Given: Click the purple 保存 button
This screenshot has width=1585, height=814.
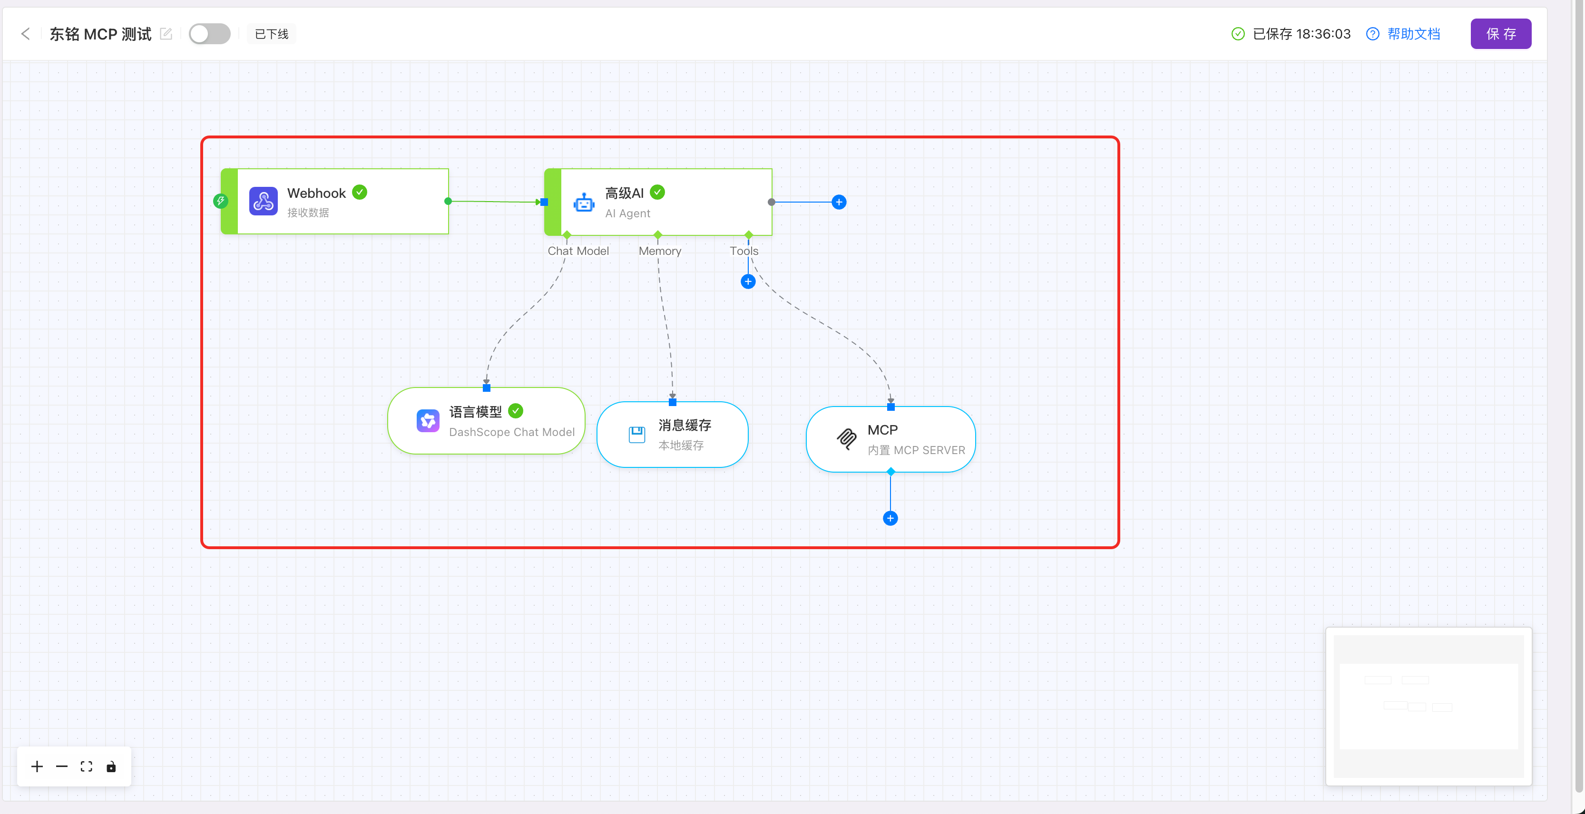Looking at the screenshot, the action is (1501, 34).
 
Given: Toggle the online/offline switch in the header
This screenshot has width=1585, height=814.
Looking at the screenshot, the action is (209, 34).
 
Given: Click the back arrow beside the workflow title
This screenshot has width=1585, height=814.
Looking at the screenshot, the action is (25, 34).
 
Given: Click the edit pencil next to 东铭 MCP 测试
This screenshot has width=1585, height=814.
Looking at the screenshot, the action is (166, 34).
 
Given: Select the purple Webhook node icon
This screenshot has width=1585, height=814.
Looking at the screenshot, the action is (264, 201).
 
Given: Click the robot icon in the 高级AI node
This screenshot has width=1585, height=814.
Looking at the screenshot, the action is (584, 202).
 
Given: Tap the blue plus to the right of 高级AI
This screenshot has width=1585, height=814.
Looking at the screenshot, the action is (839, 202).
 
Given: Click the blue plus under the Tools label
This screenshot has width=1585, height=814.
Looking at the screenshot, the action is (748, 281).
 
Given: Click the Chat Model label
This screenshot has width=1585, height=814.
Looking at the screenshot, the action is (578, 251).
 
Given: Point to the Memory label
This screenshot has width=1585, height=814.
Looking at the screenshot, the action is (660, 251).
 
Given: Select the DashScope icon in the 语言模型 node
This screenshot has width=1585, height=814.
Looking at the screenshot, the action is (428, 421).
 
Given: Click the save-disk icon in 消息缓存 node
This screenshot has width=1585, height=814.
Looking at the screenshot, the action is (637, 435).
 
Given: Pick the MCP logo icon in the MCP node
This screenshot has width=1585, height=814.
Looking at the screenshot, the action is (847, 439).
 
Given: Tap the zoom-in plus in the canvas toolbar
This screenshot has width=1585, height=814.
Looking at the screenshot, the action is (37, 766).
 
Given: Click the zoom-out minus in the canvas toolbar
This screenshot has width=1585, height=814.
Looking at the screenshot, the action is (61, 766).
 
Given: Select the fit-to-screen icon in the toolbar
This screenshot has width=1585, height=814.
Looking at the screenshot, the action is (86, 766).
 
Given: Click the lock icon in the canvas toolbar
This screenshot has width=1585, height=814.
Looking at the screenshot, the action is (111, 766).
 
